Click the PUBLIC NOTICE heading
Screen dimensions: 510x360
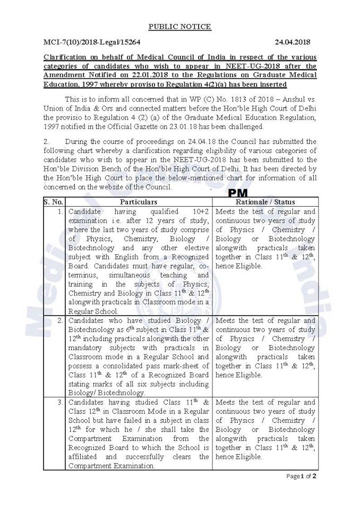[179, 27]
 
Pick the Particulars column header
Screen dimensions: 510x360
[138, 202]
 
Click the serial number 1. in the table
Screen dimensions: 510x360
[59, 212]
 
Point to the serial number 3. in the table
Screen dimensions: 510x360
[59, 402]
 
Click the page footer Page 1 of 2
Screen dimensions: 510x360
[302, 476]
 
